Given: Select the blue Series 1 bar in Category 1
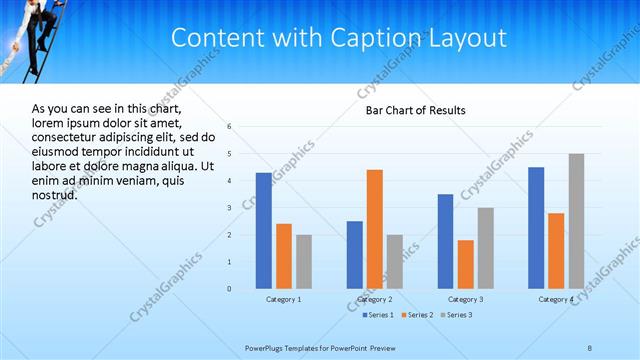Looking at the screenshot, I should (264, 230).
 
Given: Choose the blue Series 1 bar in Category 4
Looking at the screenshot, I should (536, 227).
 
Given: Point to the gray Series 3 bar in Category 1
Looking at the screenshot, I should (304, 261).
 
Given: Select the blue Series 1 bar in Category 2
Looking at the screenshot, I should (355, 254).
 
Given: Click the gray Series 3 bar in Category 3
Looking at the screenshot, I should (485, 247).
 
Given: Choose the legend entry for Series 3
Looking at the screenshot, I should (458, 315).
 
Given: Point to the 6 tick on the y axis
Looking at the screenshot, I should (230, 127).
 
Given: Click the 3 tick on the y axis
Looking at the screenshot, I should (230, 208).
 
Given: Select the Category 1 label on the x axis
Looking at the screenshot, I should (284, 299).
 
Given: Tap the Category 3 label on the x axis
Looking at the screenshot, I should (465, 299).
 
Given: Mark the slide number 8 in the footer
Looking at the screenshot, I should (590, 347).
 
